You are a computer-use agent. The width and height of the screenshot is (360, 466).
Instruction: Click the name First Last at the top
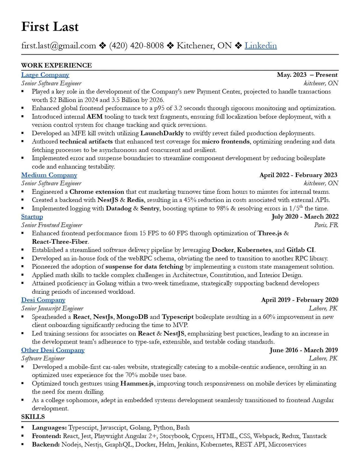pyautogui.click(x=50, y=27)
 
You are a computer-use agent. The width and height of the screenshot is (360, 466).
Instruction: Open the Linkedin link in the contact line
pyautogui.click(x=260, y=46)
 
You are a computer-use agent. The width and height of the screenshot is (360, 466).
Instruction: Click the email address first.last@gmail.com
pyautogui.click(x=58, y=46)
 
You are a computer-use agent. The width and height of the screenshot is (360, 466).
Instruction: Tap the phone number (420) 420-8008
pyautogui.click(x=136, y=46)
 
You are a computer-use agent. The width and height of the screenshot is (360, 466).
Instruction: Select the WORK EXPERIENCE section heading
pyautogui.click(x=56, y=65)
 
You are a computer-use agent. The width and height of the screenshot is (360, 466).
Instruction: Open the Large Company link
pyautogui.click(x=45, y=75)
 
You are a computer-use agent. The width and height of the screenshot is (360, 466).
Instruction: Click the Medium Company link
pyautogui.click(x=49, y=175)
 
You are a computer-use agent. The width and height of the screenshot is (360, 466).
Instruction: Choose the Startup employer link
pyautogui.click(x=32, y=216)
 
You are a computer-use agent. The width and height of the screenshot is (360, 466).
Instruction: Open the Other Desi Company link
pyautogui.click(x=53, y=350)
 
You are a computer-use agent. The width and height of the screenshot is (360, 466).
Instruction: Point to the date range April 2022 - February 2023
pyautogui.click(x=298, y=175)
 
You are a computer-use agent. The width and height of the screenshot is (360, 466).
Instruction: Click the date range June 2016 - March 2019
pyautogui.click(x=304, y=350)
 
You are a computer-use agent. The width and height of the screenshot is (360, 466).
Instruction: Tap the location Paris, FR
pyautogui.click(x=326, y=225)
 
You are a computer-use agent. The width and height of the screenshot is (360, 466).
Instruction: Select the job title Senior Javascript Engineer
pyautogui.click(x=52, y=308)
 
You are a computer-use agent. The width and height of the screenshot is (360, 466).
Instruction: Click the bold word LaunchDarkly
pyautogui.click(x=162, y=133)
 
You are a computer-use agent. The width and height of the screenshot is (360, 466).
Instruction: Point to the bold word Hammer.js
pyautogui.click(x=137, y=383)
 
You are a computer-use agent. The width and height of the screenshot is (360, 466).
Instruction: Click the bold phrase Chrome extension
pyautogui.click(x=97, y=191)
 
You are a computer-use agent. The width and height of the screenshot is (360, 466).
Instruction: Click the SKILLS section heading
pyautogui.click(x=33, y=416)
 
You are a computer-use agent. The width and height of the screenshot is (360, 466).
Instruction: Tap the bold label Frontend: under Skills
pyautogui.click(x=46, y=436)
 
